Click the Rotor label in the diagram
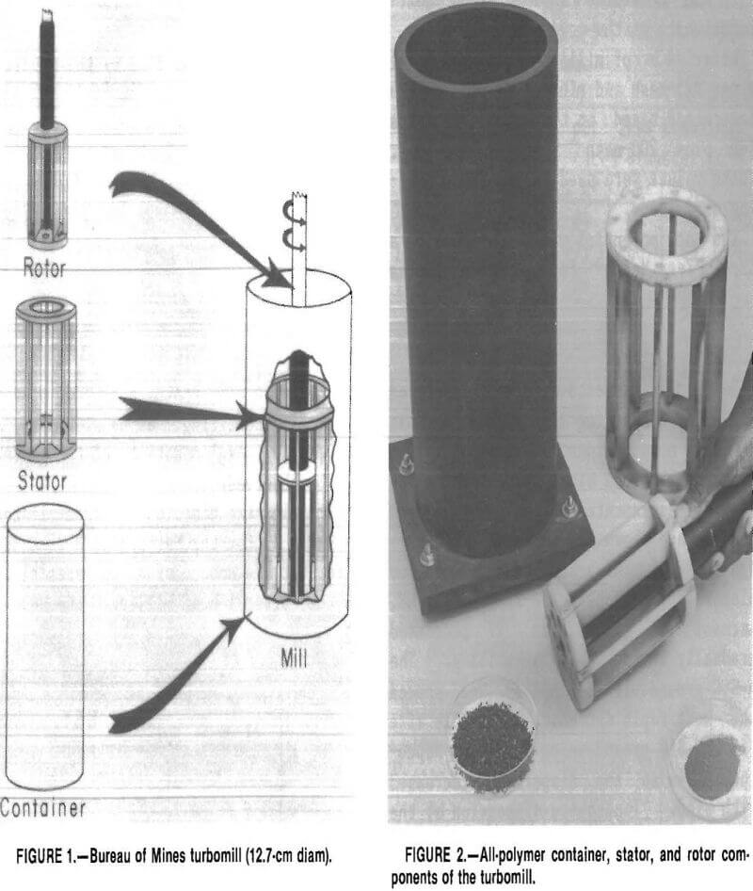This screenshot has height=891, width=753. point(44,267)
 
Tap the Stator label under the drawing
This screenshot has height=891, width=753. point(42,481)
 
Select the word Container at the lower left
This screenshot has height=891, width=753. point(42,807)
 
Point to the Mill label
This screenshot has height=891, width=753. point(294,657)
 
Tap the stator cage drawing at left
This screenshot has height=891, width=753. point(46,379)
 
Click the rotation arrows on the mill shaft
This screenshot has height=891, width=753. point(296,226)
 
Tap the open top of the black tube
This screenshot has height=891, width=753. point(476,42)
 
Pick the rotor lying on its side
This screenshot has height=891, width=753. point(620,608)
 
